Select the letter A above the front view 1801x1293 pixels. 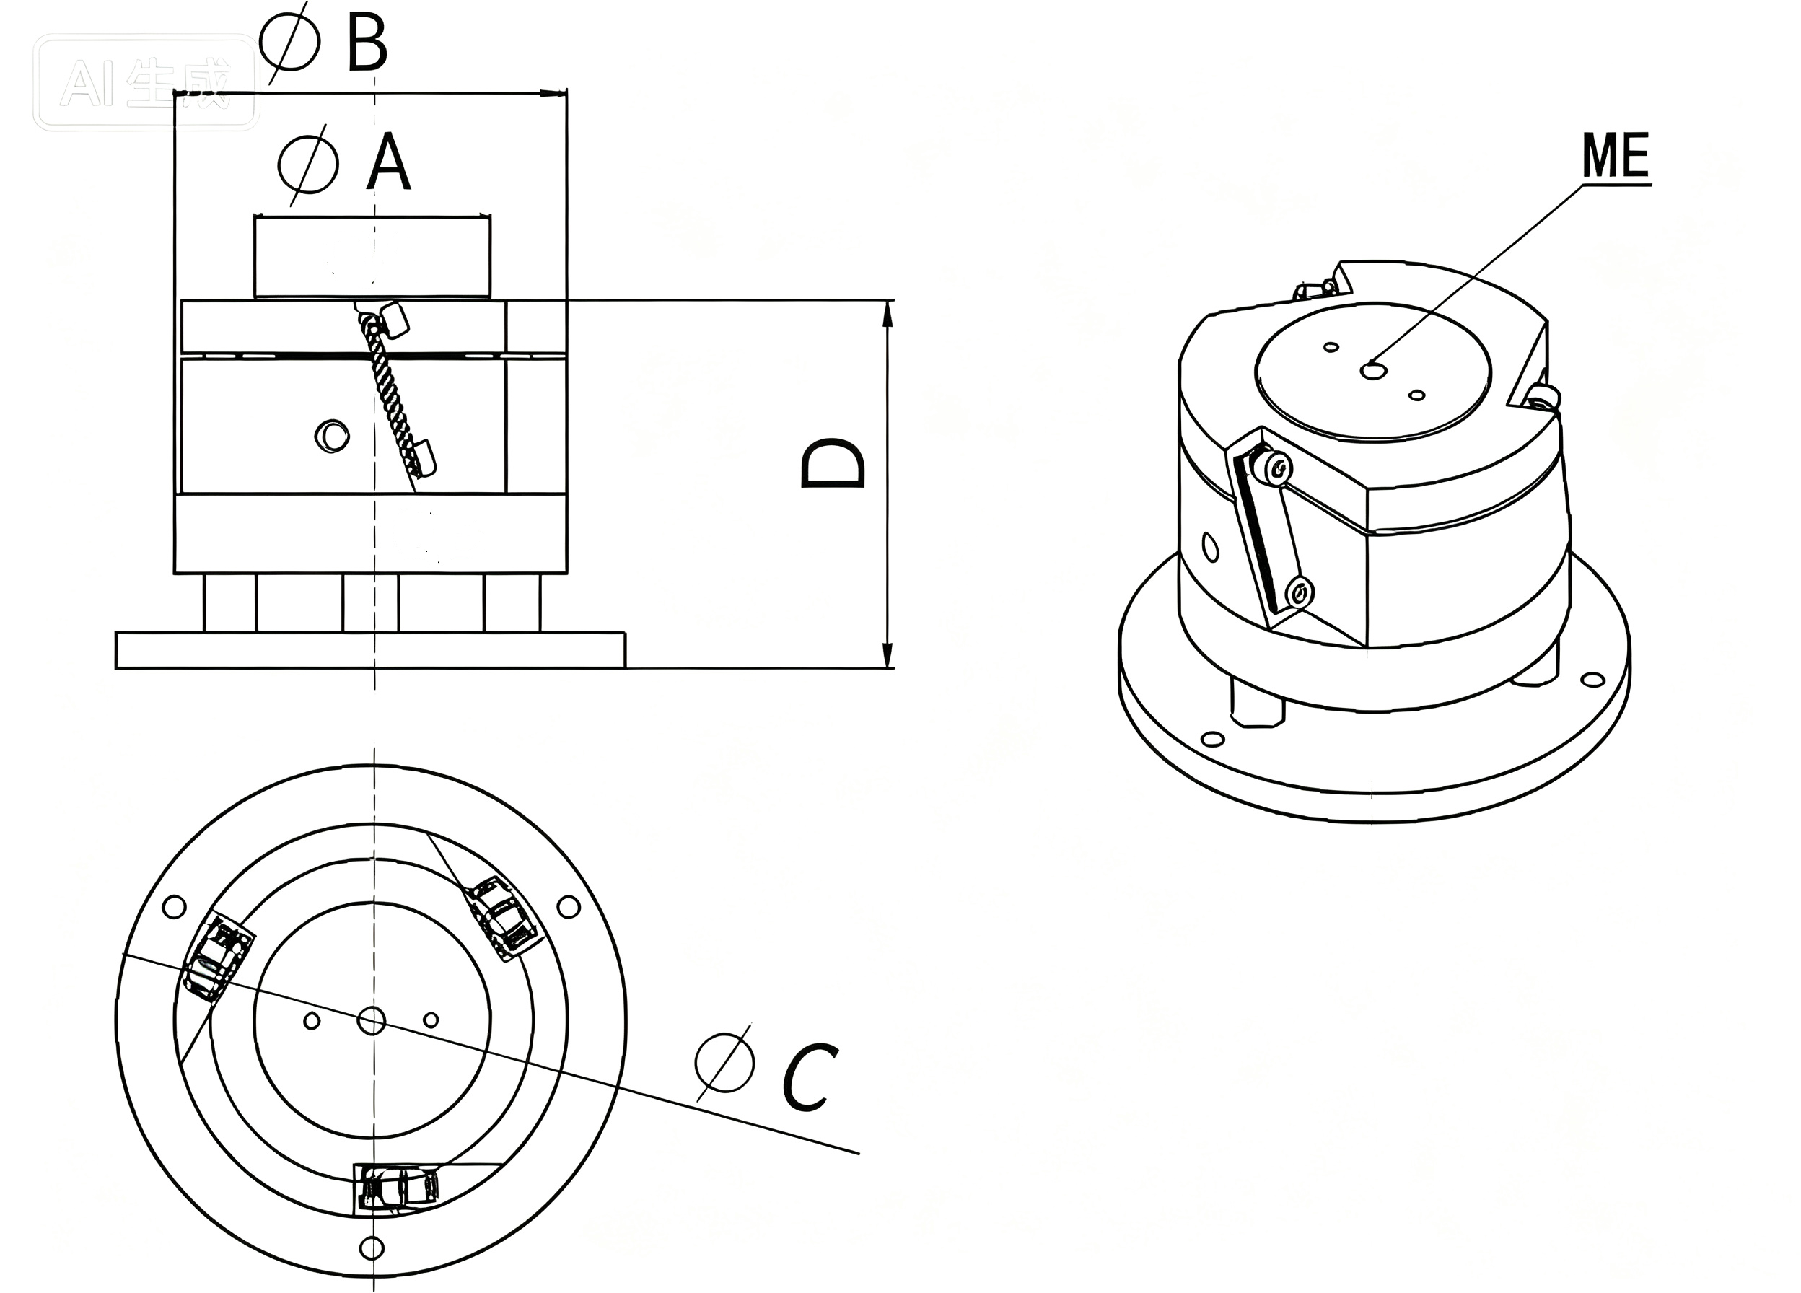(388, 162)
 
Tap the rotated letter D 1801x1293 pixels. (832, 464)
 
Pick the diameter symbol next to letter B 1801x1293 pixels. (291, 42)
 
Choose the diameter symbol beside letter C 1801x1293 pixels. (724, 1063)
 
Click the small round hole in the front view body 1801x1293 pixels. (332, 436)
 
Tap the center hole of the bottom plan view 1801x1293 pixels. (372, 1020)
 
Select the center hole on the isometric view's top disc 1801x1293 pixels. (1373, 370)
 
